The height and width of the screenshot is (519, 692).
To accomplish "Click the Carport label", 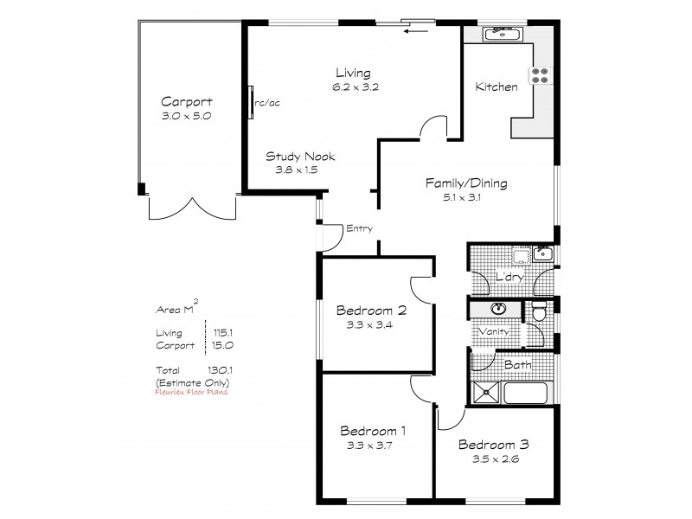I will (x=186, y=101).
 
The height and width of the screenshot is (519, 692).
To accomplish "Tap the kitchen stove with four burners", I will (x=541, y=75).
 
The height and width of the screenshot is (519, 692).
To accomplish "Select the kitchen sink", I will (x=500, y=35).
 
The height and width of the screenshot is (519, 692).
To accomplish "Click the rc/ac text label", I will (x=268, y=104).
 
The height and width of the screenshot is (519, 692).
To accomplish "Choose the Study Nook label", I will (x=300, y=157).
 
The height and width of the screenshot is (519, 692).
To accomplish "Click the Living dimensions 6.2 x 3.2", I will (x=356, y=86).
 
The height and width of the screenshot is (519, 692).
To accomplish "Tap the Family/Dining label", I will (x=465, y=183).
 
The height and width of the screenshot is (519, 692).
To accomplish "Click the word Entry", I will (x=359, y=229).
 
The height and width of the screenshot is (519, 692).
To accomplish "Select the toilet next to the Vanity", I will (x=537, y=314).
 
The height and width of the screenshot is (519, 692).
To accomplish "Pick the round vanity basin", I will (x=500, y=309).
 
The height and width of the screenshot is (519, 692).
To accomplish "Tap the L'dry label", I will (x=508, y=277).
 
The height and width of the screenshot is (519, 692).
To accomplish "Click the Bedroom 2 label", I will (x=371, y=311).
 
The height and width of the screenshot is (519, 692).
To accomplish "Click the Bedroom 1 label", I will (x=374, y=431).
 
